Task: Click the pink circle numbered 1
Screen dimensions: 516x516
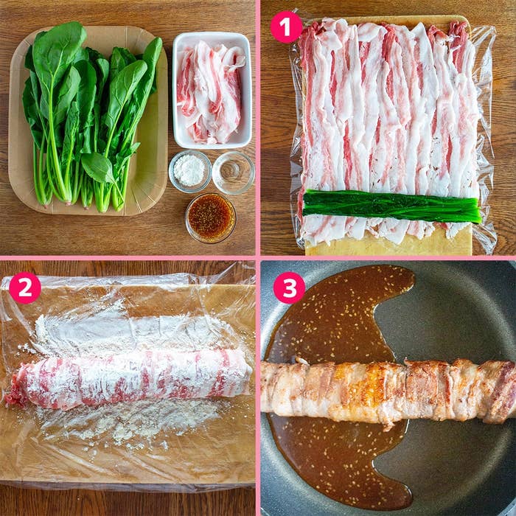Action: coord(286,27)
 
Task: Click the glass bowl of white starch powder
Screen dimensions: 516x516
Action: coord(190,171)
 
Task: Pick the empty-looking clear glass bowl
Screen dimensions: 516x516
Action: coord(234,172)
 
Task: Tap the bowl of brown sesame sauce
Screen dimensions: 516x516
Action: coord(211,217)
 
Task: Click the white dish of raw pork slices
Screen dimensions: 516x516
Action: coord(212,90)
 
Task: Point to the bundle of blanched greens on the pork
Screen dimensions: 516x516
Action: coord(391,206)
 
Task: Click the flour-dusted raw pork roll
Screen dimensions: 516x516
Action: coord(128,378)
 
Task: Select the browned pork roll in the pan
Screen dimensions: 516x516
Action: coord(388,391)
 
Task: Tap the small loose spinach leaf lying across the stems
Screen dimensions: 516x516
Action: coord(98,168)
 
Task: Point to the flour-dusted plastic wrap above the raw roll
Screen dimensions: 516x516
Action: coord(132,332)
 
